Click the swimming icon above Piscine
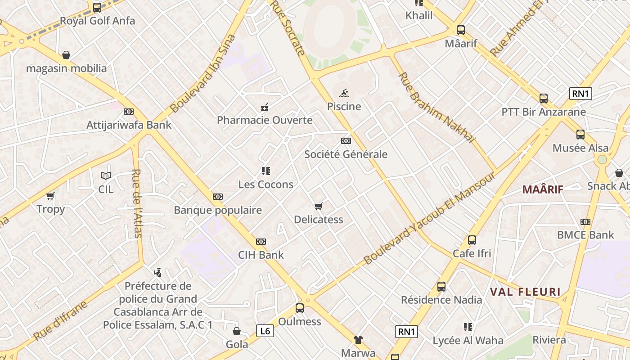[344, 93]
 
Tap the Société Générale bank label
[346, 154]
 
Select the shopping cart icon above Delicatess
[319, 207]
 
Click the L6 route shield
[265, 331]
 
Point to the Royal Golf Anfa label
[97, 21]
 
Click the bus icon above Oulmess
[300, 308]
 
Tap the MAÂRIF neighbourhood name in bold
[543, 189]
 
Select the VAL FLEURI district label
[525, 292]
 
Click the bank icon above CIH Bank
[261, 242]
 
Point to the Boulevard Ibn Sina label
[203, 74]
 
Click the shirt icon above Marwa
[358, 339]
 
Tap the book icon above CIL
[106, 176]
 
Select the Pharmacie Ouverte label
[265, 120]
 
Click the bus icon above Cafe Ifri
[472, 240]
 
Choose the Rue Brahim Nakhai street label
[436, 108]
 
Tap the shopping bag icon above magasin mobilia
[66, 55]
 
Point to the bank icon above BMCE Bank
[585, 222]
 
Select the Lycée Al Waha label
[468, 341]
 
